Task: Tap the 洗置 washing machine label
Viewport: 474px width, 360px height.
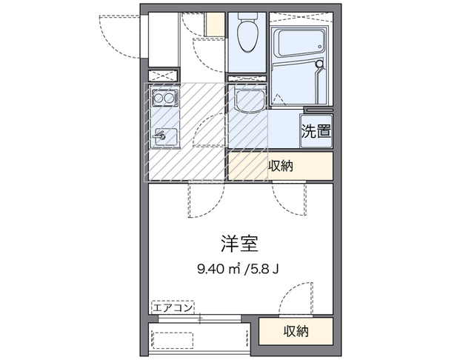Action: tap(316, 133)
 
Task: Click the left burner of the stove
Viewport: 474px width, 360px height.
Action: tap(158, 98)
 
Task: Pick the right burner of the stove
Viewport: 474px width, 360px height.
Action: tap(170, 98)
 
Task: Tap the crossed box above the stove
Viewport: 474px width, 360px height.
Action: tap(164, 75)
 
